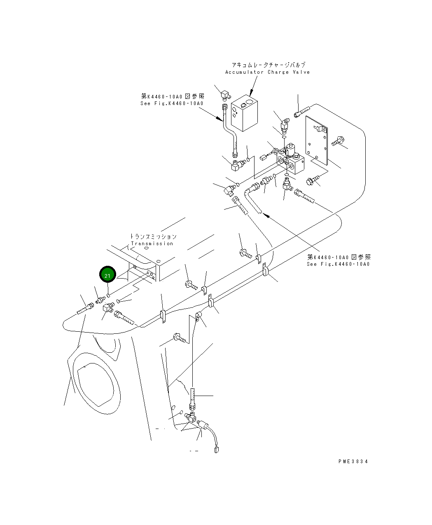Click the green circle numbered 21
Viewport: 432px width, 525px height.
(x=107, y=275)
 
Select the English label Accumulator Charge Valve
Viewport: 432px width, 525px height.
(x=267, y=72)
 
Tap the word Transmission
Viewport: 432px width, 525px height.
(x=152, y=244)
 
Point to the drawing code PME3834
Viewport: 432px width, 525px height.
(x=353, y=461)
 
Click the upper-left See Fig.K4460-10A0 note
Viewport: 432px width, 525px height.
(x=172, y=103)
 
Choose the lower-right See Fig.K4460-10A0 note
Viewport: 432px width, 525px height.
(x=338, y=264)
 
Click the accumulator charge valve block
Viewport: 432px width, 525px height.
(x=245, y=112)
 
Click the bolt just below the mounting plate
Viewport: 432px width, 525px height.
(x=312, y=180)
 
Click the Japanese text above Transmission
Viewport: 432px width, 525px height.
(x=153, y=237)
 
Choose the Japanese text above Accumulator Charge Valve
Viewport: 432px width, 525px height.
(x=268, y=65)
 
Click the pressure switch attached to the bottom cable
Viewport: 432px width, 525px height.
(x=203, y=424)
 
